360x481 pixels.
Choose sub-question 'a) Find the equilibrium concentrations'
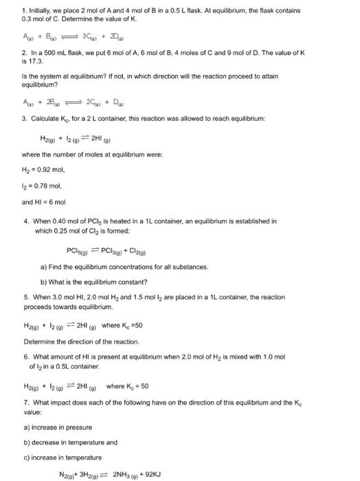click(x=110, y=266)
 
